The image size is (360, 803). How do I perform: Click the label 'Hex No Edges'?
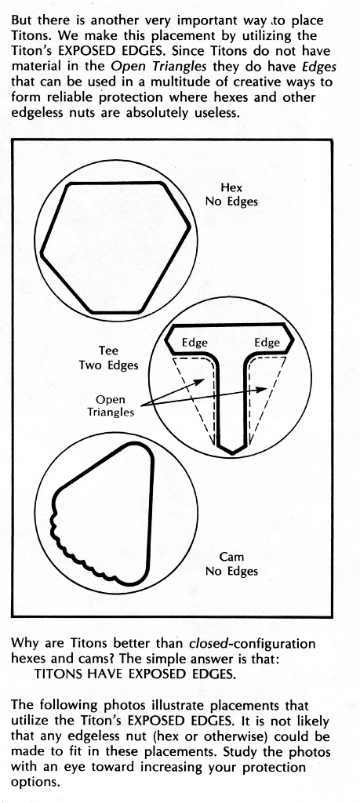[231, 194]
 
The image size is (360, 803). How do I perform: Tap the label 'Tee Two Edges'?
[108, 358]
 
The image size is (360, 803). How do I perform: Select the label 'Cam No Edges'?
[231, 563]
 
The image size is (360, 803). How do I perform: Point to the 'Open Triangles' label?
[111, 405]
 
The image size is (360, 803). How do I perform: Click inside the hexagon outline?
[115, 247]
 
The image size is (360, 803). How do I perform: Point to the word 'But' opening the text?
[21, 20]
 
